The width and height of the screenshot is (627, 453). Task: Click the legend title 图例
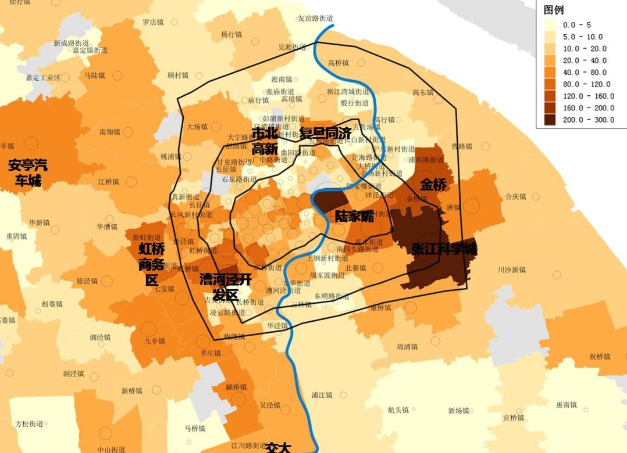(553, 10)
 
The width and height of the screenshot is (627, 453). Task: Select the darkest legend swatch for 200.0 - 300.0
(550, 120)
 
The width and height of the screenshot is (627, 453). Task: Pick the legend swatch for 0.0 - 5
(550, 25)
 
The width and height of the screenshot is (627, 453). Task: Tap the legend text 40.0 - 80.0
(585, 72)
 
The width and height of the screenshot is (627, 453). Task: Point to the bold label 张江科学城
(444, 249)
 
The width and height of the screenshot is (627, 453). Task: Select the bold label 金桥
(433, 185)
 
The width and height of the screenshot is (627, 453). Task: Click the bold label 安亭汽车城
(28, 173)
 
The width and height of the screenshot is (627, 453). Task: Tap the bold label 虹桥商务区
(152, 265)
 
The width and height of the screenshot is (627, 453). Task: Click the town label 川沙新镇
(511, 269)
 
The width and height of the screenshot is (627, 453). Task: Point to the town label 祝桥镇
(599, 356)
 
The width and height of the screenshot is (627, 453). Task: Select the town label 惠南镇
(566, 405)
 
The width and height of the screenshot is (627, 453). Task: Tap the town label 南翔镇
(109, 132)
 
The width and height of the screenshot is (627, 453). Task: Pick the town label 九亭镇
(154, 341)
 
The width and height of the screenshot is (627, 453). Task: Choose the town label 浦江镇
(321, 395)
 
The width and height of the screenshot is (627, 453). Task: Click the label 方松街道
(29, 423)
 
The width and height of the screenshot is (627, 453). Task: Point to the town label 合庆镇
(515, 196)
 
